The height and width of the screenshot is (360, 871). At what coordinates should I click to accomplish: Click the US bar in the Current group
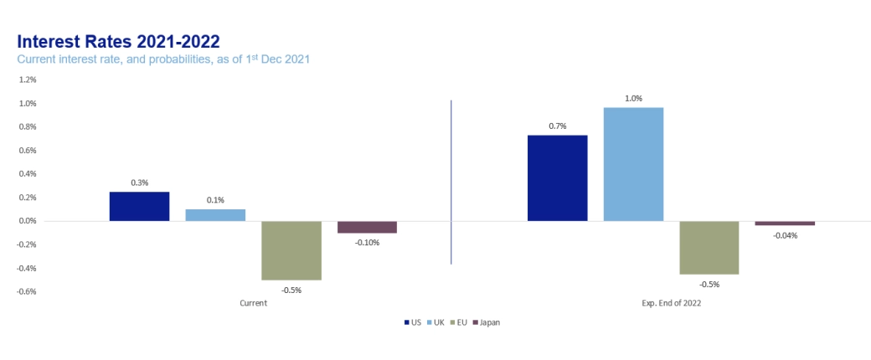139,206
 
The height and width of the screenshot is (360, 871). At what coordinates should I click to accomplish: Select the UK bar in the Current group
215,215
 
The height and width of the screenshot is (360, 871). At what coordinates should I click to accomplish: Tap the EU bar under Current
291,250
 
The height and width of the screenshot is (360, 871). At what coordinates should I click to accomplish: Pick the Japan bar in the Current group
367,227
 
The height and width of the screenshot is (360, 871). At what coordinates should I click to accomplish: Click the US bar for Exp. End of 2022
557,177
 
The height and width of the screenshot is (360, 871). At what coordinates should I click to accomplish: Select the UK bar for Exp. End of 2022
633,164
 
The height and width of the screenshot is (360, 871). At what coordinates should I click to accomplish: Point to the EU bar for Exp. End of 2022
709,248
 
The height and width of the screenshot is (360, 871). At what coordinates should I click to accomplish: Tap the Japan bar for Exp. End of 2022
785,224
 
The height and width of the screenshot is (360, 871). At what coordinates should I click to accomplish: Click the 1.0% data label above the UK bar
633,99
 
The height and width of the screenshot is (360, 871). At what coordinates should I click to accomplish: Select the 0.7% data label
558,126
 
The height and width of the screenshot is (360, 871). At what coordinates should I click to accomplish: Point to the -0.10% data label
367,243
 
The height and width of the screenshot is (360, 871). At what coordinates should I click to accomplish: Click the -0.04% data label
785,235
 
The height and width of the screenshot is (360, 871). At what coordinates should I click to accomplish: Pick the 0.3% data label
139,183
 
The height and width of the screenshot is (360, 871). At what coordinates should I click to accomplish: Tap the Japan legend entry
487,322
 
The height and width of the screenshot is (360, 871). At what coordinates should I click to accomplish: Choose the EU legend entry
458,322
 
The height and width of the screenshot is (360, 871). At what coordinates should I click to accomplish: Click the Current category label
253,303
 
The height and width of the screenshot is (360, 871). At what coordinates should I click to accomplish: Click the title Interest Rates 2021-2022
118,42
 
